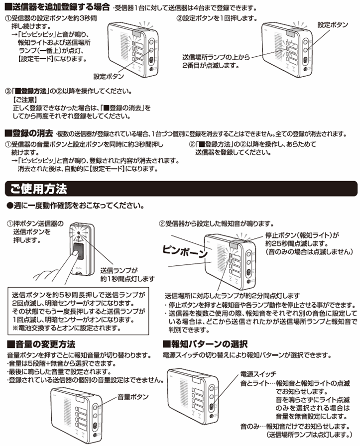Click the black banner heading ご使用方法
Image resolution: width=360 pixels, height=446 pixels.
point(40,189)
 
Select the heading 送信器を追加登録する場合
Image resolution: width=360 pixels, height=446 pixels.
point(57,7)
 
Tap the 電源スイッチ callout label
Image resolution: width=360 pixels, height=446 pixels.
point(258,374)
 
